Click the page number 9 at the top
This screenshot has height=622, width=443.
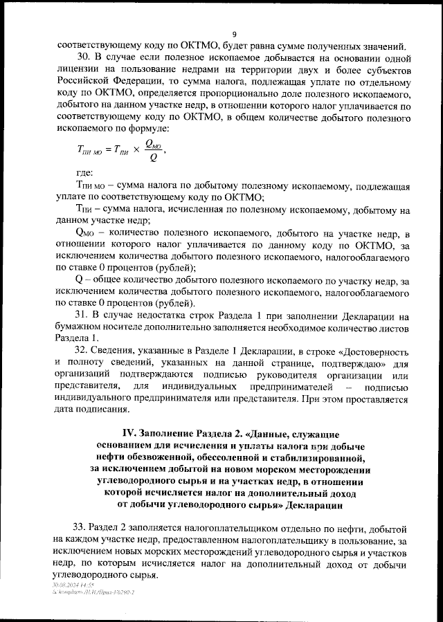click(235, 35)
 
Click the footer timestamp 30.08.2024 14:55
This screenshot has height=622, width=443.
click(72, 584)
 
